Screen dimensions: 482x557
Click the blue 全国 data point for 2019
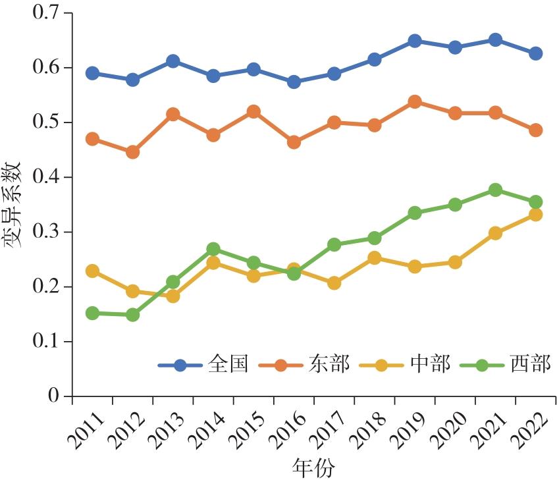(x=415, y=41)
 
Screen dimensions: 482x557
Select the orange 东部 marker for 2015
(x=253, y=112)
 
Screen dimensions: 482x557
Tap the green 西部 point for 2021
(x=495, y=190)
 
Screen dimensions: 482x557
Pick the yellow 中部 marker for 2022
(x=535, y=215)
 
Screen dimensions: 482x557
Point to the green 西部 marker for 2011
(x=92, y=313)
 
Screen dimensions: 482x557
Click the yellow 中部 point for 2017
(x=334, y=283)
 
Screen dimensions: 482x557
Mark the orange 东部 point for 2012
(x=132, y=152)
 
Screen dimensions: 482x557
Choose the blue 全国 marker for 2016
(x=294, y=82)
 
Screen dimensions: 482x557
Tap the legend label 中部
(x=430, y=364)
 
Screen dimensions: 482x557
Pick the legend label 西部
(x=531, y=364)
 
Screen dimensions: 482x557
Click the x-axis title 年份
(x=313, y=469)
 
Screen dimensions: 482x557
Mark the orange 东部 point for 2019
(x=415, y=102)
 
